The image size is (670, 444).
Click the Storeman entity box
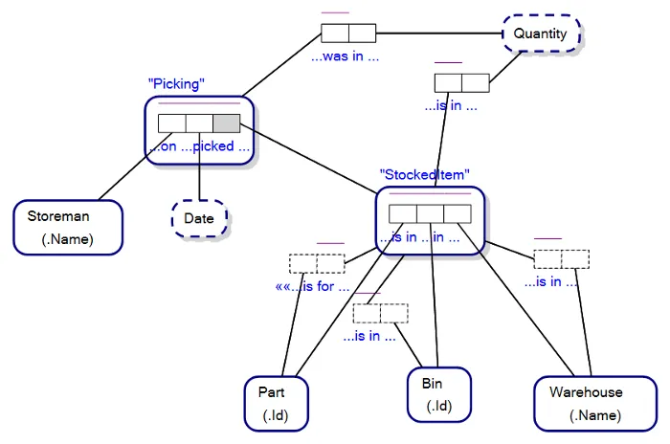coord(68,227)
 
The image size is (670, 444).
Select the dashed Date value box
coord(199,218)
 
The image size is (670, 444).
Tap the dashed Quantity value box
coord(541,33)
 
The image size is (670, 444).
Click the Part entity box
coord(278,403)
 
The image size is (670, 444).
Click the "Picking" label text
coord(176,84)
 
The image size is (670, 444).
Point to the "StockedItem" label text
coord(424,174)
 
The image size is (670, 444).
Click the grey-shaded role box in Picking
coord(226,122)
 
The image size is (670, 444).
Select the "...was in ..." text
coord(345,56)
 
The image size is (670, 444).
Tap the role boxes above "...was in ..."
coord(348,33)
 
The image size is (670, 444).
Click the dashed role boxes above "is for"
coord(316,263)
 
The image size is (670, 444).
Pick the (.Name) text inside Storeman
coord(68,239)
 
